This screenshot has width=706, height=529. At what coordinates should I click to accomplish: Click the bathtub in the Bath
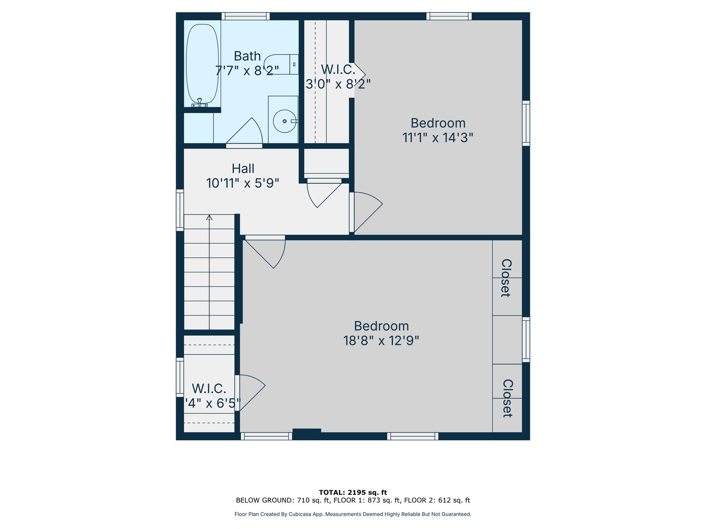(202, 64)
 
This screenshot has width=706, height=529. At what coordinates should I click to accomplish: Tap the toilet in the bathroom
(281, 65)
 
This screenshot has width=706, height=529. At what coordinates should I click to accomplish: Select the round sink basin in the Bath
(285, 121)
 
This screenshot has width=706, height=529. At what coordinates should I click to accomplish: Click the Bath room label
(247, 56)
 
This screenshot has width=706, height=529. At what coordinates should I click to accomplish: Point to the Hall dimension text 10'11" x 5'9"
(243, 183)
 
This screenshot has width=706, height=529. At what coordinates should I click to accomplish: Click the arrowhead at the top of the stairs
(209, 217)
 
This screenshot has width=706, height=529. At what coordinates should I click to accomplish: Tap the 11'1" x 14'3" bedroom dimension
(438, 138)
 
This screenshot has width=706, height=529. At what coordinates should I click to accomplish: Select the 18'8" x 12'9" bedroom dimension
(381, 340)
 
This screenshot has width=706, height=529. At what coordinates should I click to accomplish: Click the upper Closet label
(506, 278)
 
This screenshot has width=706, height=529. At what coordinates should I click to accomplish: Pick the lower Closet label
(507, 398)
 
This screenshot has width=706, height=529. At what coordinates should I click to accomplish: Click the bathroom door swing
(245, 132)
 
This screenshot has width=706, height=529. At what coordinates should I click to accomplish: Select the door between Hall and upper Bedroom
(366, 212)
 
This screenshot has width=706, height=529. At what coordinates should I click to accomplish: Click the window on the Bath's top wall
(246, 16)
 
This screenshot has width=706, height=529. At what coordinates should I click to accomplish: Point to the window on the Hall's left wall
(180, 210)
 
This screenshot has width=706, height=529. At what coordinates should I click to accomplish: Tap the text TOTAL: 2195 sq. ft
(353, 492)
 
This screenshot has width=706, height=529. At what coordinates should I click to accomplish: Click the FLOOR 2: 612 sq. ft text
(437, 500)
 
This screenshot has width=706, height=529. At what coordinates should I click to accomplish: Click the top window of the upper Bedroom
(449, 16)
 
